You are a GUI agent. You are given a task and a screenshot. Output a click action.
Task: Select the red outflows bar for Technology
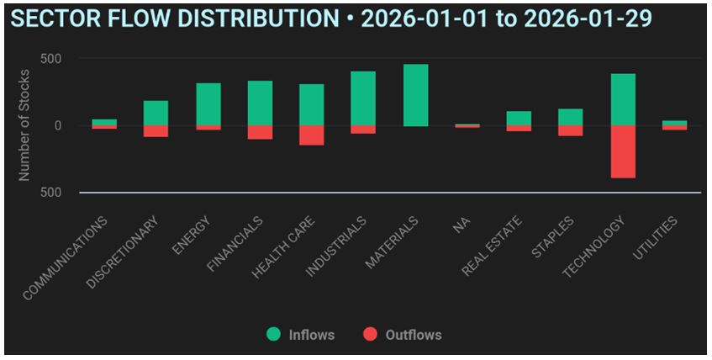[x=623, y=151]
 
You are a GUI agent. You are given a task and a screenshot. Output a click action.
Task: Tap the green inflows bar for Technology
[x=623, y=99]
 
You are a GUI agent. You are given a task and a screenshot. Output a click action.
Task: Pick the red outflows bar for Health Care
[x=311, y=135]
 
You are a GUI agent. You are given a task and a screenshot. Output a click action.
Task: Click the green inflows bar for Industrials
[x=363, y=98]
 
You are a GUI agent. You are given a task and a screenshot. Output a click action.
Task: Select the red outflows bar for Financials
[x=260, y=132]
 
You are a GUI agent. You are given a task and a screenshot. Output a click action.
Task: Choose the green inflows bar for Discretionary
[x=156, y=113]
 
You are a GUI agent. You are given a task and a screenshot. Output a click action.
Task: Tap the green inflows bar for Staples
[x=570, y=117]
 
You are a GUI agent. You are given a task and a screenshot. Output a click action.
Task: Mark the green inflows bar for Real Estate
[x=519, y=118]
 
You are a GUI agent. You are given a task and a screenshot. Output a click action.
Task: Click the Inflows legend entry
[x=302, y=335]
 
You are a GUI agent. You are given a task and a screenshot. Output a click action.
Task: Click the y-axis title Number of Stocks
[x=24, y=126]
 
